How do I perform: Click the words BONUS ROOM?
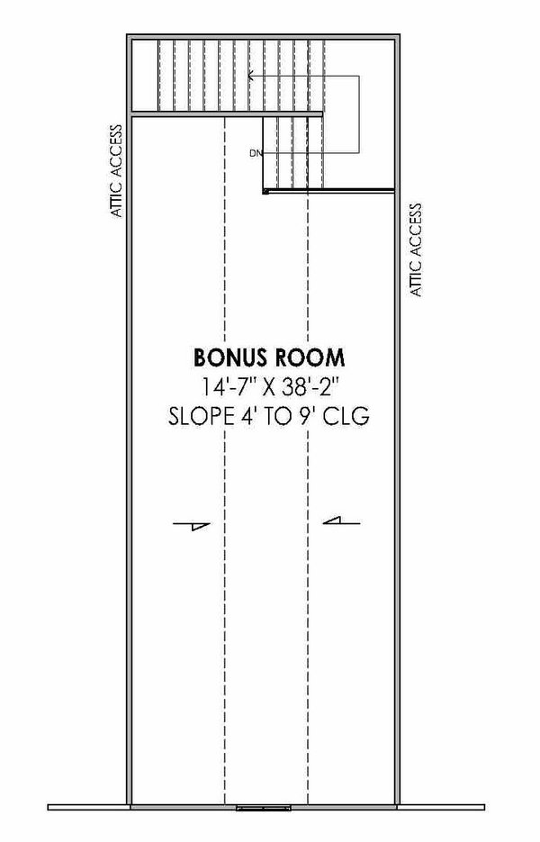270,357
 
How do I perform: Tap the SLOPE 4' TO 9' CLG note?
270,418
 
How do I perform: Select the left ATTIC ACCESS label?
115,170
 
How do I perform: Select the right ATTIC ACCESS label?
416,250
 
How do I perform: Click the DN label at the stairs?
256,153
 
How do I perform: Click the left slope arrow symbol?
194,526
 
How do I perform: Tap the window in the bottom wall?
264,810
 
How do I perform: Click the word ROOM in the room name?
309,357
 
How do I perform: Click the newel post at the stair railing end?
265,191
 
